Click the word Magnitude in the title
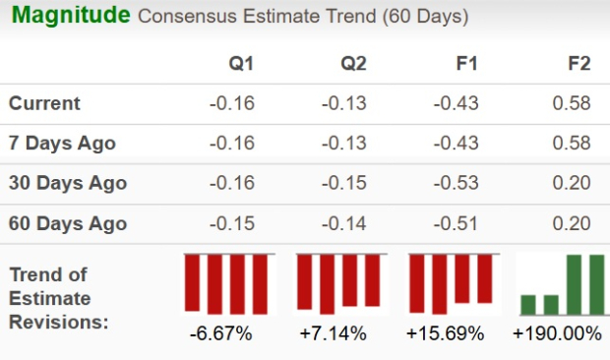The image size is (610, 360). pyautogui.click(x=68, y=16)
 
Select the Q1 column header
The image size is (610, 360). pyautogui.click(x=240, y=64)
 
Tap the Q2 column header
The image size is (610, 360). pyautogui.click(x=352, y=64)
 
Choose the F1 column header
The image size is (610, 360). pyautogui.click(x=465, y=64)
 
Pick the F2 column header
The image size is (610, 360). pyautogui.click(x=579, y=64)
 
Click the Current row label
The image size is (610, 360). pyautogui.click(x=45, y=103)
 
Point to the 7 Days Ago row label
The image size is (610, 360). pyautogui.click(x=62, y=144)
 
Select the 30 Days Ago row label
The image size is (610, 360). pyautogui.click(x=67, y=183)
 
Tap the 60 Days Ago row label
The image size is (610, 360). pyautogui.click(x=67, y=223)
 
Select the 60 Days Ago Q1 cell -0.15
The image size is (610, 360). pyautogui.click(x=232, y=223)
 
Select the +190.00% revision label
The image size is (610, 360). pyautogui.click(x=557, y=333)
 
